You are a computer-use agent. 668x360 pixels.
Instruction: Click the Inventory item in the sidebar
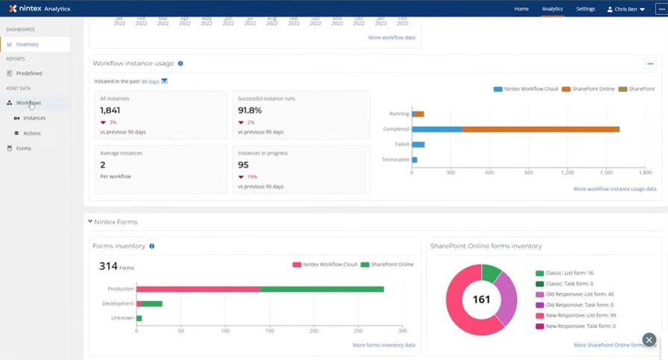click(28, 44)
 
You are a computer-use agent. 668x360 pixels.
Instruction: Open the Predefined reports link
click(29, 73)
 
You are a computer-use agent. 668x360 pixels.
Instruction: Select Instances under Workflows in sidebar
click(34, 118)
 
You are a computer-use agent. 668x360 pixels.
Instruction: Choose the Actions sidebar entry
click(32, 133)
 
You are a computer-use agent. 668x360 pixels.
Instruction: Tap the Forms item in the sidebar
click(24, 148)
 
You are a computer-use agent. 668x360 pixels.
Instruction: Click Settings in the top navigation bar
click(585, 9)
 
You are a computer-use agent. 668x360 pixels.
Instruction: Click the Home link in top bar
click(521, 9)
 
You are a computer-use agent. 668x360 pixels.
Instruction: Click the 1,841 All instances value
click(110, 111)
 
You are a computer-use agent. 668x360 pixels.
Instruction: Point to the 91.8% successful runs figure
click(250, 111)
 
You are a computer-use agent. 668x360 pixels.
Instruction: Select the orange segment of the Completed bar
click(540, 129)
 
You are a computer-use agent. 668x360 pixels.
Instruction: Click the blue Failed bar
click(418, 144)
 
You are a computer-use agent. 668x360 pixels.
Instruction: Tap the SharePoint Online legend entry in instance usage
click(589, 89)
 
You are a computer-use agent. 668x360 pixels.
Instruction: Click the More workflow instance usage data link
click(614, 189)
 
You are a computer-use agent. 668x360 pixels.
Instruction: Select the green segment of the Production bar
click(322, 289)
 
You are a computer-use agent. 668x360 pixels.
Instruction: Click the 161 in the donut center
click(481, 300)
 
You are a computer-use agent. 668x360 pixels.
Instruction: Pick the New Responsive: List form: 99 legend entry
click(580, 316)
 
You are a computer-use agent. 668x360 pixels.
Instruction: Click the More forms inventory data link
click(384, 345)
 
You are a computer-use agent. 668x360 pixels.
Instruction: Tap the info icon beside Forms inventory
click(152, 246)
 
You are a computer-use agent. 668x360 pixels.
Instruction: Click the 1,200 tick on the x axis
click(567, 173)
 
